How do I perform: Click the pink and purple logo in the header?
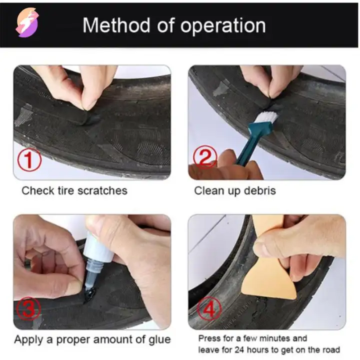point(27,22)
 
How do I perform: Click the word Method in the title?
point(116,25)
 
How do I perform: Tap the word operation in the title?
point(223,26)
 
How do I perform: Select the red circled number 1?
point(29,159)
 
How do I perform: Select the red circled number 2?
point(205,157)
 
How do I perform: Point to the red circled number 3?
point(29,308)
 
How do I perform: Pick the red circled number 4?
point(209,308)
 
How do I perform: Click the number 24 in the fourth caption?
point(239,350)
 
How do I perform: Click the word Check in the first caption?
point(37,190)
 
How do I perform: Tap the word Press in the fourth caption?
point(208,338)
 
